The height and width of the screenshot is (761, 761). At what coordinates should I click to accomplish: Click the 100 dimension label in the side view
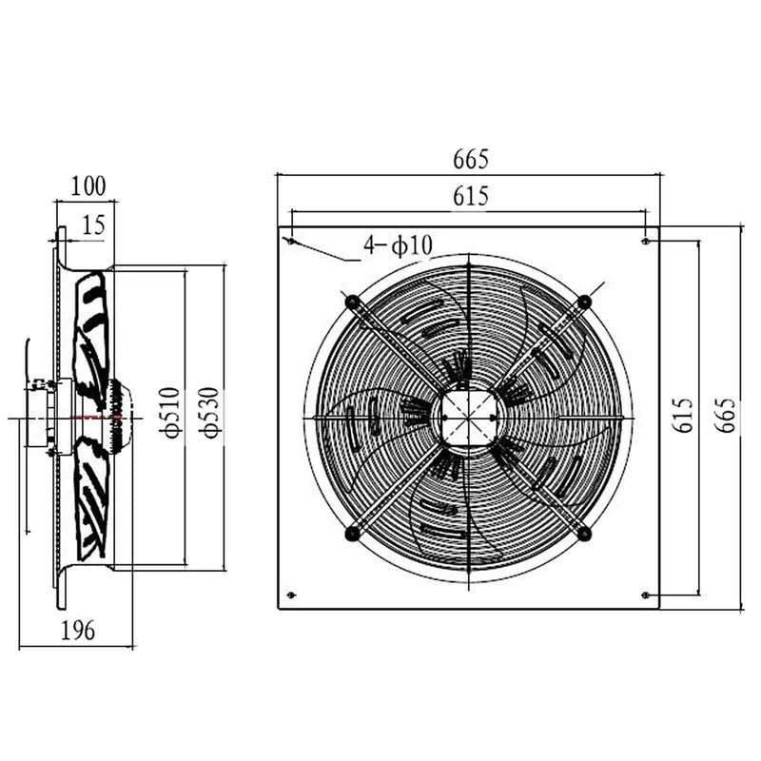(x=88, y=185)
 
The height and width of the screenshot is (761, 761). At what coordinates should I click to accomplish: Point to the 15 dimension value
(x=93, y=225)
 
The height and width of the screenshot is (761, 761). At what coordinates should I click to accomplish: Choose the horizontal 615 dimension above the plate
(x=470, y=196)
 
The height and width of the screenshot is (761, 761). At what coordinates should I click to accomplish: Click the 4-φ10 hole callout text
(x=398, y=245)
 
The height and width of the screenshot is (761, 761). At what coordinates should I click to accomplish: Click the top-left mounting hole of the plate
(x=290, y=241)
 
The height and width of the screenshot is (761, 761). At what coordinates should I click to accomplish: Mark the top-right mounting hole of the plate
(x=646, y=241)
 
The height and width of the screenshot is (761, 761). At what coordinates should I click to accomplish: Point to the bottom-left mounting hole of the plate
(x=290, y=595)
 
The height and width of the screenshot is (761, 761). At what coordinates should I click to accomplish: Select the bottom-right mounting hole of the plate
(x=646, y=595)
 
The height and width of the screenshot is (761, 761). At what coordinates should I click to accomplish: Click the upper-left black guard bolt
(x=353, y=302)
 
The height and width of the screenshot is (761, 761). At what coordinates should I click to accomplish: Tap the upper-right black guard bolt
(x=584, y=302)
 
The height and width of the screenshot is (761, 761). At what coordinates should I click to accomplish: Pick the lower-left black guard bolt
(x=353, y=533)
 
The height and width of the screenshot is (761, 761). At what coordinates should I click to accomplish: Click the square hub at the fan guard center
(x=468, y=418)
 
